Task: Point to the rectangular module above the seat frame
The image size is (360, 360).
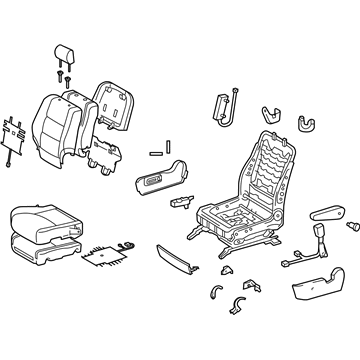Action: pos(222,106)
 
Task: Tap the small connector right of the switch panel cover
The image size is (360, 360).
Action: pos(180,200)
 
